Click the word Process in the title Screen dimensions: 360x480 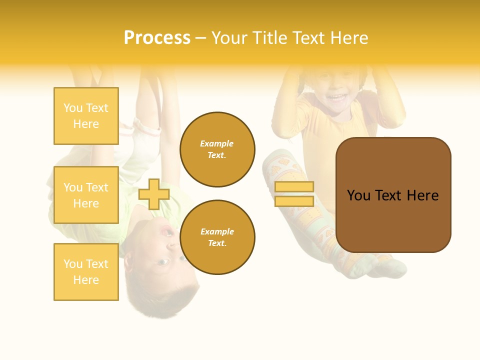coord(157,38)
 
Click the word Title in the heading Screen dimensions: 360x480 coord(270,38)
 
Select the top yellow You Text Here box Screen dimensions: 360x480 coord(86,116)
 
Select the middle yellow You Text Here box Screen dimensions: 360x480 coord(86,195)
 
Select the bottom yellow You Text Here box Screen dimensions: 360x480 coord(86,272)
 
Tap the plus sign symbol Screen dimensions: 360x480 coord(154,194)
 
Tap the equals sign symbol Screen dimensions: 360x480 coord(294,194)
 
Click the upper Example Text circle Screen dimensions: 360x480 coord(217,149)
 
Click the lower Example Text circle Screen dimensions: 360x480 coord(217,237)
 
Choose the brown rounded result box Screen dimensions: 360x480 coord(393,195)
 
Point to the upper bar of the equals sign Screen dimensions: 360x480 coord(294,187)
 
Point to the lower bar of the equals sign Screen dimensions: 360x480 coord(294,201)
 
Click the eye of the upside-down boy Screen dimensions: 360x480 coord(163,261)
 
